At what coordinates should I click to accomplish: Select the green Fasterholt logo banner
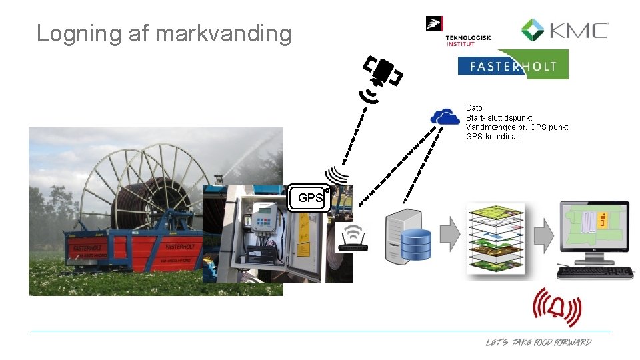(513, 65)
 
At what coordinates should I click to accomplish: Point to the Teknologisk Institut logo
(459, 32)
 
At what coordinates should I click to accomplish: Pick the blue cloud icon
(445, 117)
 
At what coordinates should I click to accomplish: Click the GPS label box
(310, 198)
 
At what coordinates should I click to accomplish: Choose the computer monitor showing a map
(593, 233)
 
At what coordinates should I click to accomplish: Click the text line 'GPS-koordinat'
(492, 137)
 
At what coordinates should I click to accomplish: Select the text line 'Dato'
(474, 108)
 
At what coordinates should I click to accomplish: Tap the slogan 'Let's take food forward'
(538, 342)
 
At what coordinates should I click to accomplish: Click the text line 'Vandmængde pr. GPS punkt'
(517, 127)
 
